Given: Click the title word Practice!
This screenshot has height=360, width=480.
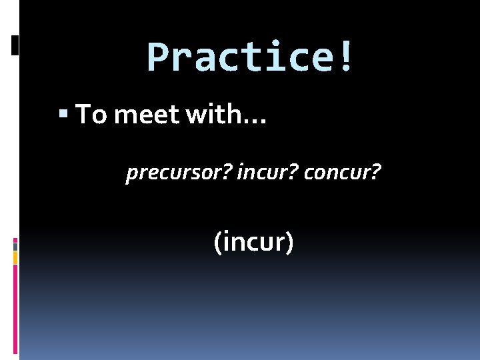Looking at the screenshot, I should pos(249,57).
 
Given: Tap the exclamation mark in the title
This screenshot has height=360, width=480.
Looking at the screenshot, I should pos(345,57).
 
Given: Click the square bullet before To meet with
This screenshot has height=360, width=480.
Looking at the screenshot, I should pos(63,115).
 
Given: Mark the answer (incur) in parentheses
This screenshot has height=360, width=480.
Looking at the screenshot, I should pos(253,241).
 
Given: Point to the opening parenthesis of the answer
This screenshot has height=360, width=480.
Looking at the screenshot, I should pos(217,242).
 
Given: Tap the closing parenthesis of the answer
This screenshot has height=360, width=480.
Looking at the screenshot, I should pos(289,242).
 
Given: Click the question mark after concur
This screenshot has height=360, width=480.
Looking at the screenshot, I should pos(377,173).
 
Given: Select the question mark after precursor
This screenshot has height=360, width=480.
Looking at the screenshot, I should pos(227,173).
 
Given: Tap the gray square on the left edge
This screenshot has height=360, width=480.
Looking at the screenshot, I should pos(15,246).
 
